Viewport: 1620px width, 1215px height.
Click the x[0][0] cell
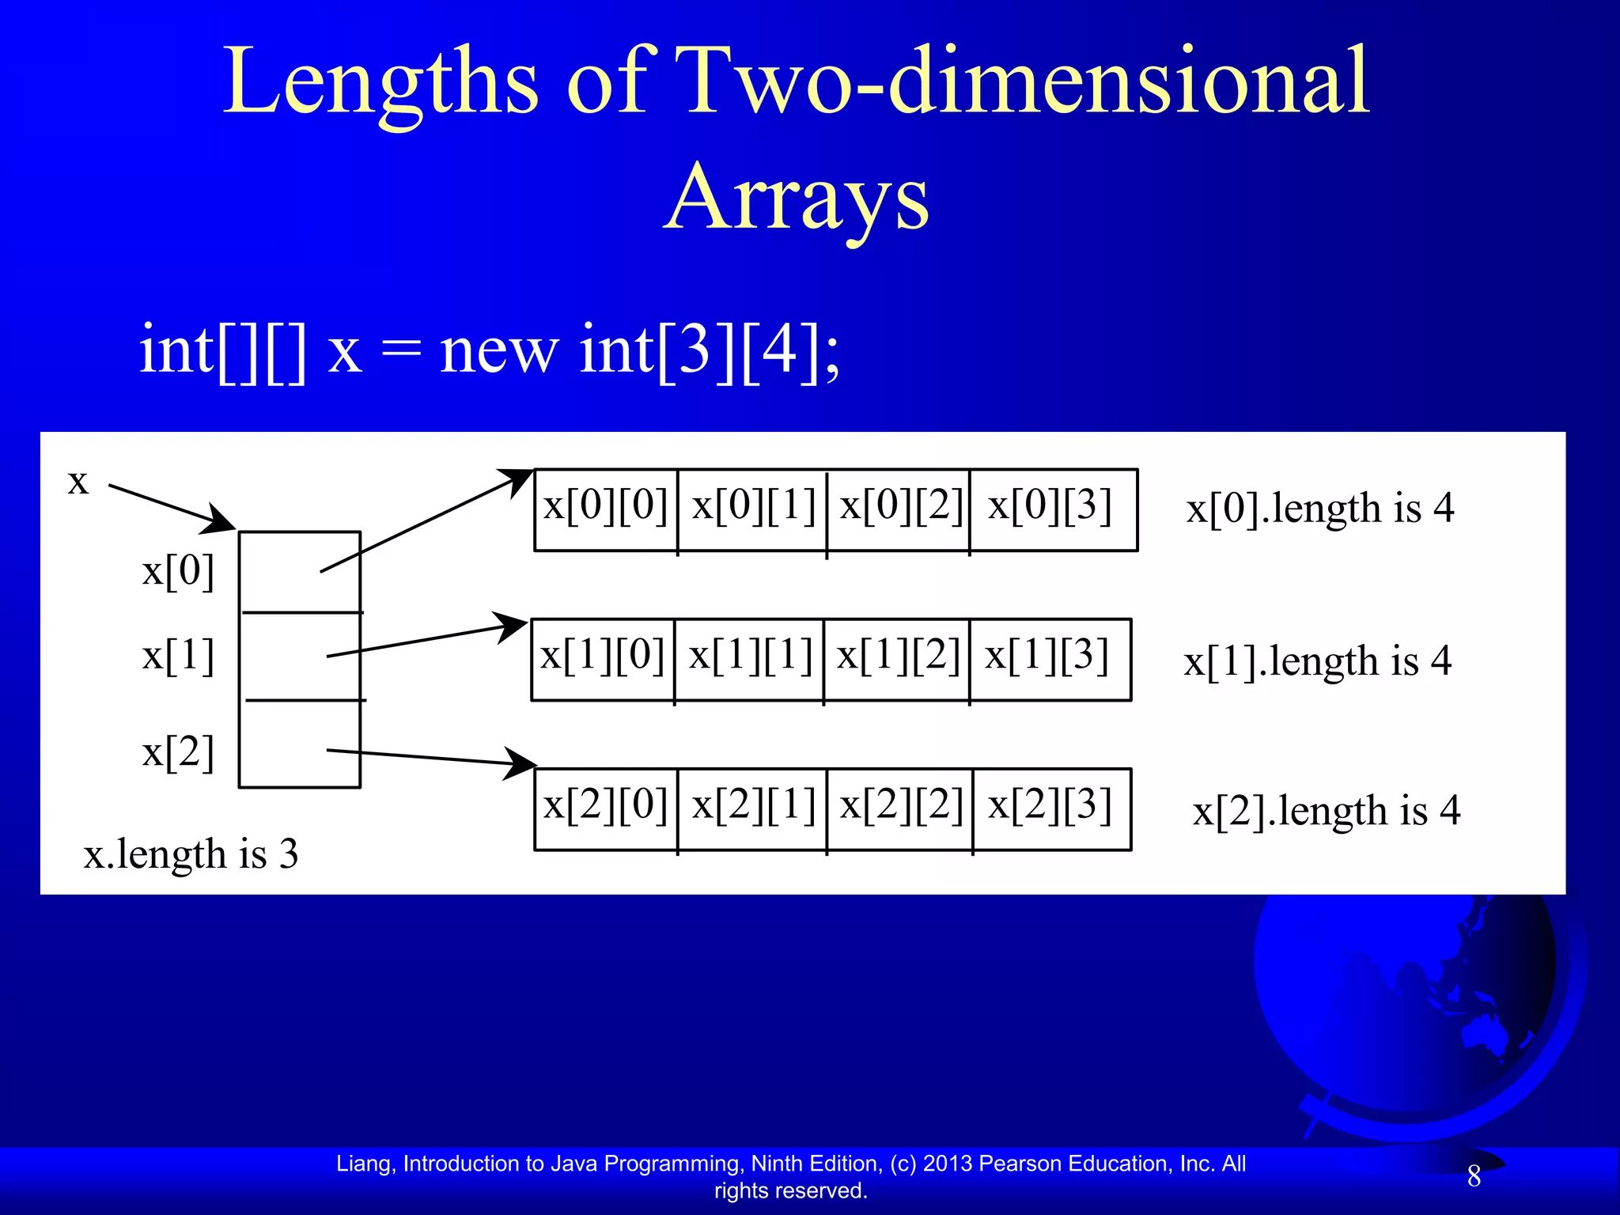pyautogui.click(x=606, y=509)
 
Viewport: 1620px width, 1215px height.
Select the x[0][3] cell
pyautogui.click(x=1052, y=509)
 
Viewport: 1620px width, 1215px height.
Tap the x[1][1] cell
pyautogui.click(x=749, y=658)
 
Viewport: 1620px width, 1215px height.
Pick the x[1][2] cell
pyautogui.click(x=897, y=658)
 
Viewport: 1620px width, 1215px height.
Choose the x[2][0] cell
pyautogui.click(x=606, y=808)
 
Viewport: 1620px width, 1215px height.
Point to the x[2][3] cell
pyautogui.click(x=1052, y=808)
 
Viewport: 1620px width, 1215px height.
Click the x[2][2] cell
pyautogui.click(x=900, y=808)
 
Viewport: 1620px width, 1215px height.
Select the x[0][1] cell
pyautogui.click(x=752, y=509)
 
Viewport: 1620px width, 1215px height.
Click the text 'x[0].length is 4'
pyautogui.click(x=1319, y=509)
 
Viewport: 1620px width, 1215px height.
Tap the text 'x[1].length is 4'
pyautogui.click(x=1317, y=661)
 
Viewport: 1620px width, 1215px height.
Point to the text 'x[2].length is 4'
pyautogui.click(x=1326, y=811)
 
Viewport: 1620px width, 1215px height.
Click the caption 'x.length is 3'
pyautogui.click(x=191, y=854)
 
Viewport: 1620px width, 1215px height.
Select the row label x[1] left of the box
pyautogui.click(x=178, y=657)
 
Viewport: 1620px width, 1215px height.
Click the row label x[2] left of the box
pyautogui.click(x=178, y=752)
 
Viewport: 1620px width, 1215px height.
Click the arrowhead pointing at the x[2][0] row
pyautogui.click(x=521, y=763)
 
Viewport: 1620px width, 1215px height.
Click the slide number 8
pyautogui.click(x=1474, y=1176)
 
